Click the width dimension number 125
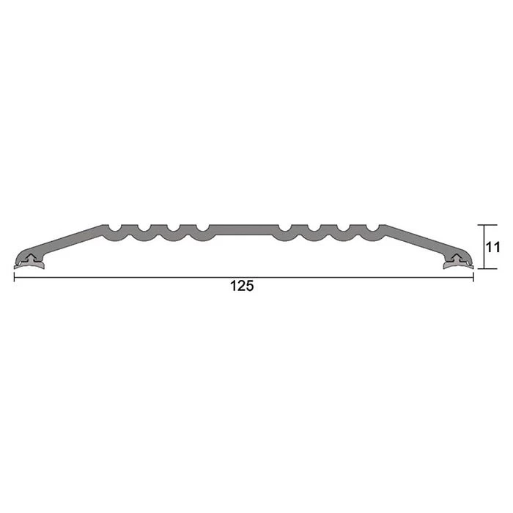pyautogui.click(x=242, y=286)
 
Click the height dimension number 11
pyautogui.click(x=492, y=247)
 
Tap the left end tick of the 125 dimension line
pyautogui.click(x=14, y=278)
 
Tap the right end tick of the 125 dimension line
pyautogui.click(x=473, y=278)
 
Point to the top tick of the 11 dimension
pyautogui.click(x=487, y=225)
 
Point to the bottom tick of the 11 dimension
pyautogui.click(x=487, y=269)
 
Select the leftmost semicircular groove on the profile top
pyautogui.click(x=115, y=228)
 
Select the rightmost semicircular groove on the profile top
pyautogui.click(x=373, y=228)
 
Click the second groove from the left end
pyautogui.click(x=144, y=228)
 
